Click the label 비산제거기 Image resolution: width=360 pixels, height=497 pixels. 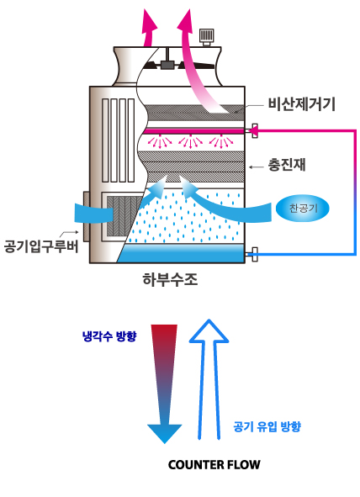coord(301,104)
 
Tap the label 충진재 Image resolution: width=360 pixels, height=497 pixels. coord(287,165)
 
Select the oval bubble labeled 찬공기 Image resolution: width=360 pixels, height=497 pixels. coord(303,209)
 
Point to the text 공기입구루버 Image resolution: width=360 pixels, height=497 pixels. coord(41,246)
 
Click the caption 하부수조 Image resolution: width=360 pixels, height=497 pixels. coord(170,279)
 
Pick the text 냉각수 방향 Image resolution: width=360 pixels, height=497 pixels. coord(109,336)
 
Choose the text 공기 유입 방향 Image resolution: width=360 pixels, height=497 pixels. coord(267,426)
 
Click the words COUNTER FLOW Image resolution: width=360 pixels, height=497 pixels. coord(214,465)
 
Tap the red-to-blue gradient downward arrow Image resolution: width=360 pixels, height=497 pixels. coord(164,383)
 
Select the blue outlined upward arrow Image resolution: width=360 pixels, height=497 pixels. coord(209,378)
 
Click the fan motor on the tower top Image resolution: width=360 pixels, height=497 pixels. coord(206,37)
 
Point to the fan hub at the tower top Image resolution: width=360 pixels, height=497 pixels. coord(167,64)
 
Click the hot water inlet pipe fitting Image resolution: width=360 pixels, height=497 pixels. coord(254,130)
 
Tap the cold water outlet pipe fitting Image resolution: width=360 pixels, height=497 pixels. coord(254,254)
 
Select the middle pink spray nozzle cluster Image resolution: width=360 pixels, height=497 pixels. coord(190,141)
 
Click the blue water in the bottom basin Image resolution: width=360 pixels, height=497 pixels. coord(182,253)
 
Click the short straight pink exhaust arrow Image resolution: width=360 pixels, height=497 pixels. coord(148,28)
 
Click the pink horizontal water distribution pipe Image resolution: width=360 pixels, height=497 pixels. coord(194,130)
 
